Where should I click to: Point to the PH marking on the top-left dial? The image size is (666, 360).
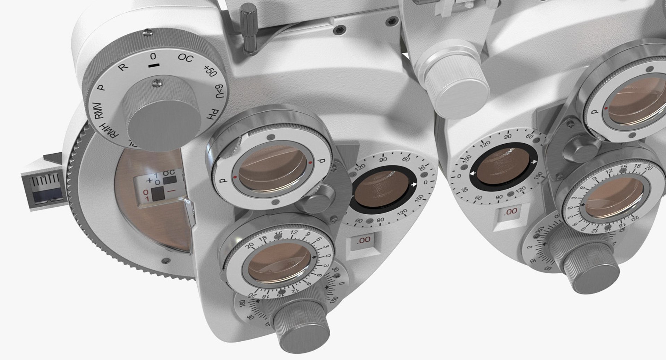(x=213, y=114)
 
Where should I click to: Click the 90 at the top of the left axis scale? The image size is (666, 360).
(x=383, y=160)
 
